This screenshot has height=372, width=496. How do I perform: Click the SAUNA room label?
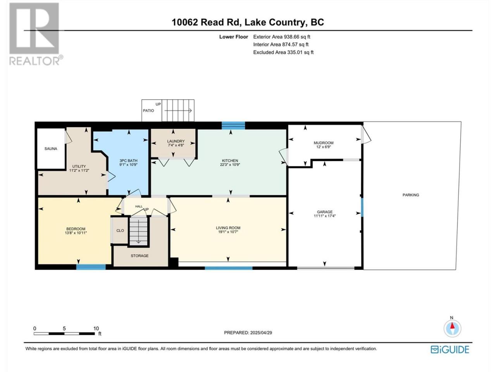coord(51,149)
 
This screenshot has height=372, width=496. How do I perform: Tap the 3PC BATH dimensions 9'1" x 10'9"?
coord(128,165)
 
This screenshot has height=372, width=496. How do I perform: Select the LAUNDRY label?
coord(176,141)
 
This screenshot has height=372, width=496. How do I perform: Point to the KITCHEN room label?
coord(230,160)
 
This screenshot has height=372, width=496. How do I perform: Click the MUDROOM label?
coord(323,143)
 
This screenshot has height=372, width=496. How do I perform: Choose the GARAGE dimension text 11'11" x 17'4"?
coord(324,216)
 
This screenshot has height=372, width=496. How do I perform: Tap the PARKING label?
coord(411,195)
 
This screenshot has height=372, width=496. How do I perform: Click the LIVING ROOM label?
coord(228,228)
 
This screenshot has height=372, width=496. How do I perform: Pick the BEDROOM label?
coord(76,229)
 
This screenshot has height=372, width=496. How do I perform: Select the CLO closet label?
coord(120,231)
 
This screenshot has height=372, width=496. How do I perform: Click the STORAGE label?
coord(139,256)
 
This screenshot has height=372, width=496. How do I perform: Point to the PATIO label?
coord(148,111)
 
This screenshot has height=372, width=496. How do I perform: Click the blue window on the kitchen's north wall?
coord(233,125)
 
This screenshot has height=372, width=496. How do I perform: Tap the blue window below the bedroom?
coord(91,267)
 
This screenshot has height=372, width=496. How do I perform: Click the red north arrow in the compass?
coord(452,326)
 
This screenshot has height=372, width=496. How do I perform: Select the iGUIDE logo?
coord(449,350)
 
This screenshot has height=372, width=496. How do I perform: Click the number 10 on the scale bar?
coord(96,329)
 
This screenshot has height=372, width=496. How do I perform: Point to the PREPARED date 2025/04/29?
coord(261,333)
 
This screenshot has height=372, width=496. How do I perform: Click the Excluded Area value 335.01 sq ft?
coord(300,52)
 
